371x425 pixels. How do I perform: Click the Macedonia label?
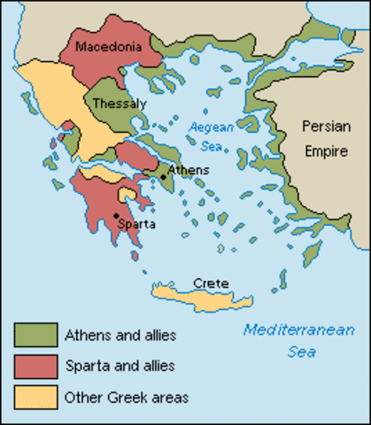click(106, 46)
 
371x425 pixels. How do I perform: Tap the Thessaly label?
click(120, 103)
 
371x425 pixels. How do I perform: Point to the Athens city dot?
click(164, 178)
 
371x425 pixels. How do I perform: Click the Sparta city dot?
click(115, 215)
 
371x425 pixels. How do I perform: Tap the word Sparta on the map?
click(136, 225)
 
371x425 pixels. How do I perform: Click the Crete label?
click(211, 282)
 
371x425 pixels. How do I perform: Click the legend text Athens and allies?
click(120, 336)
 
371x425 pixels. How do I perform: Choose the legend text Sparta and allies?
click(120, 366)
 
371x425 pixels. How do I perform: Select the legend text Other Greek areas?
click(127, 397)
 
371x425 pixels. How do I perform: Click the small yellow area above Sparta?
click(129, 194)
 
